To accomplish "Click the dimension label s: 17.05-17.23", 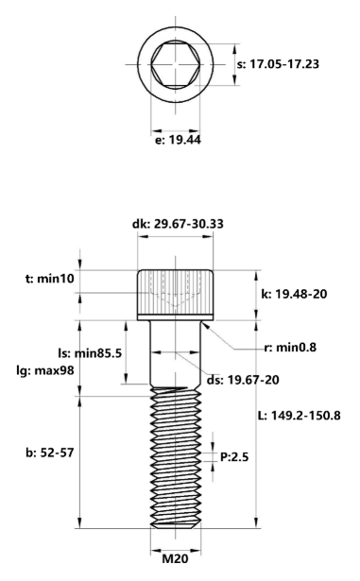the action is pyautogui.click(x=278, y=63).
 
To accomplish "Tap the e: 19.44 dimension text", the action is pyautogui.click(x=178, y=140).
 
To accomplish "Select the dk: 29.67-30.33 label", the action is pyautogui.click(x=178, y=224).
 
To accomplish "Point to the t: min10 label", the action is pyautogui.click(x=50, y=279).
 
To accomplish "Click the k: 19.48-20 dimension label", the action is pyautogui.click(x=294, y=294).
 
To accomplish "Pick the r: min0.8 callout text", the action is pyautogui.click(x=290, y=348).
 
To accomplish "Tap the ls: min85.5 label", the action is pyautogui.click(x=90, y=353).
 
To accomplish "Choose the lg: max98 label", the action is pyautogui.click(x=45, y=369).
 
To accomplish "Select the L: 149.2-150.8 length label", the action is pyautogui.click(x=300, y=415).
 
